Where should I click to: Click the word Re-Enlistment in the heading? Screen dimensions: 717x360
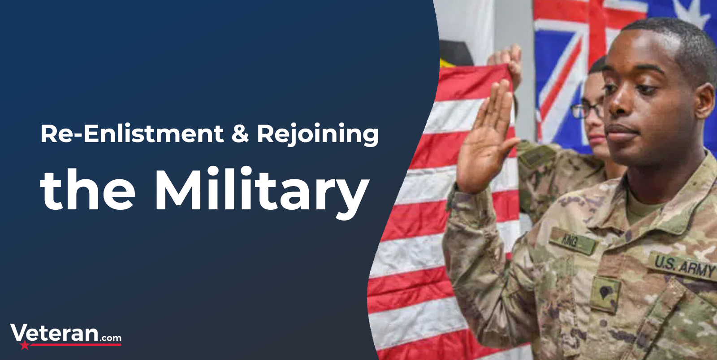[x=132, y=134]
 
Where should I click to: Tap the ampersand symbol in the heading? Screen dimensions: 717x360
[x=240, y=134]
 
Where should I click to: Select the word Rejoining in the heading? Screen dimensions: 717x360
[x=318, y=135]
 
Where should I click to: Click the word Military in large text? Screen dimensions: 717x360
[x=262, y=192]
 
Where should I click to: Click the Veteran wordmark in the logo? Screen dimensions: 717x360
[x=54, y=333]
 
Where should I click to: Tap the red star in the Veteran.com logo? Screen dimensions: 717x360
[x=24, y=345]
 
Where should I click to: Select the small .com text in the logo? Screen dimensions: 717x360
[x=110, y=338]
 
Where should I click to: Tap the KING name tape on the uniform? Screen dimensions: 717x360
[x=573, y=241]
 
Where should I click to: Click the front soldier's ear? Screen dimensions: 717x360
[x=704, y=100]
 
